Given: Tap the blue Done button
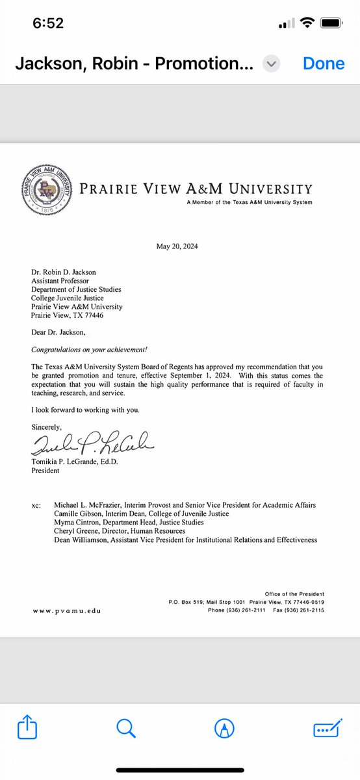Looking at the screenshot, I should [x=323, y=64].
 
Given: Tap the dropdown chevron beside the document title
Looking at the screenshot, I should [x=272, y=64].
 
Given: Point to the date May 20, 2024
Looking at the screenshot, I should [x=177, y=246].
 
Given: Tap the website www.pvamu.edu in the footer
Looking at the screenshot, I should [x=67, y=610].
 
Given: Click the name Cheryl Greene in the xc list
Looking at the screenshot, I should [x=82, y=531].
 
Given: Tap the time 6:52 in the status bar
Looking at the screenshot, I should [x=48, y=23].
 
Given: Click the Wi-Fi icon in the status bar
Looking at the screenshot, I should [x=307, y=23].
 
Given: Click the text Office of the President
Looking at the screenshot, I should [x=294, y=594].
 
